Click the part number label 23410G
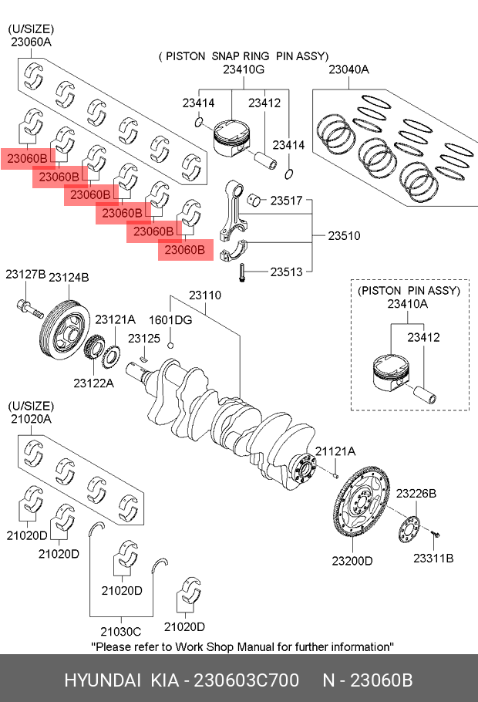pyautogui.click(x=243, y=70)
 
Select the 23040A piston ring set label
pyautogui.click(x=348, y=70)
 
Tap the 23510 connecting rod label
pyautogui.click(x=344, y=235)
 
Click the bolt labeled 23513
pyautogui.click(x=241, y=273)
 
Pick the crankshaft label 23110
pyautogui.click(x=205, y=295)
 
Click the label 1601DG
pyautogui.click(x=170, y=319)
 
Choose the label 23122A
pyautogui.click(x=93, y=383)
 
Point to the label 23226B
pyautogui.click(x=416, y=493)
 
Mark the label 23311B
pyautogui.click(x=433, y=557)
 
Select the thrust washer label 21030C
pyautogui.click(x=115, y=630)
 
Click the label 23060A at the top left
pyautogui.click(x=31, y=42)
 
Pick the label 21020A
pyautogui.click(x=31, y=418)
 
